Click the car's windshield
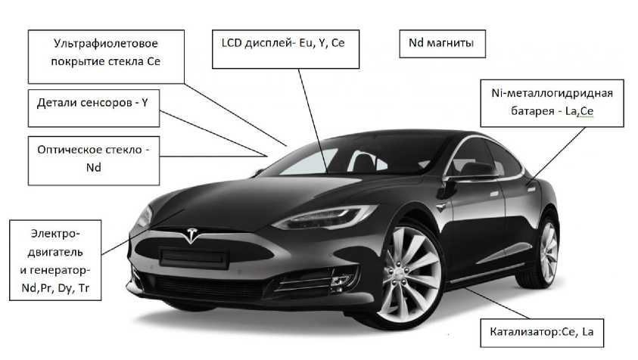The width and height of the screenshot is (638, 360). click(x=318, y=163)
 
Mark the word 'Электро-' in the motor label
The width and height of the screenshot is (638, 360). click(x=54, y=233)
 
